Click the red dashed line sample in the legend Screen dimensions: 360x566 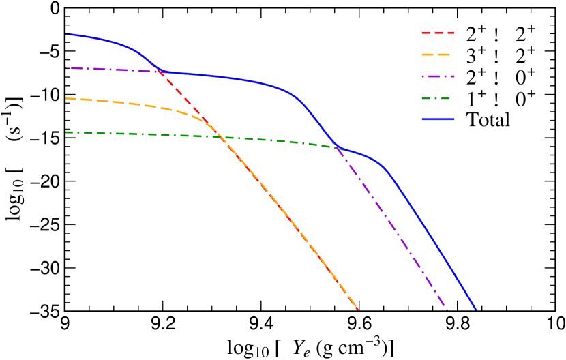[x=438, y=33]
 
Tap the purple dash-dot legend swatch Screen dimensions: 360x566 [x=438, y=76]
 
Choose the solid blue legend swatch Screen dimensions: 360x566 [x=438, y=119]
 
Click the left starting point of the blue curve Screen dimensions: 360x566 [x=66, y=34]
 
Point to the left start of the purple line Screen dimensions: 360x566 [x=66, y=67]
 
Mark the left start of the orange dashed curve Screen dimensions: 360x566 [x=66, y=99]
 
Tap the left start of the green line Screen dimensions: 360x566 [x=66, y=132]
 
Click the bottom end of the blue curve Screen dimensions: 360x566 [x=475, y=309]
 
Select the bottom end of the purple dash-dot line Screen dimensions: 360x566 [x=447, y=309]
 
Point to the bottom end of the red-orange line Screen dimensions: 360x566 [x=357, y=309]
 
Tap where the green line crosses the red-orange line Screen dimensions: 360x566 [x=223, y=138]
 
